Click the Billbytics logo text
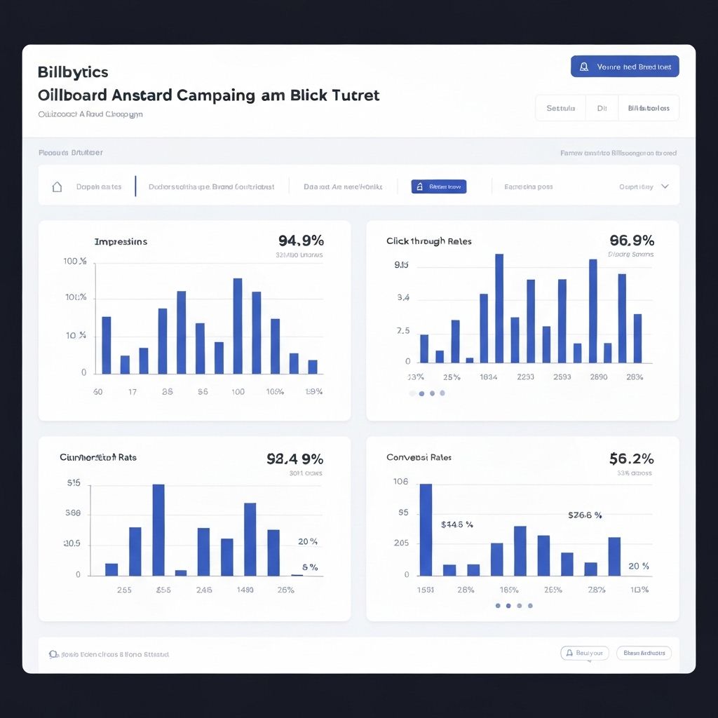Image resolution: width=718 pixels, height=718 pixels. pyautogui.click(x=73, y=72)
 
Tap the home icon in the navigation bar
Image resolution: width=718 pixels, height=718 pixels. pyautogui.click(x=57, y=187)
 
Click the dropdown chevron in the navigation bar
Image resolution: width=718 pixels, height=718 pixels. pyautogui.click(x=665, y=187)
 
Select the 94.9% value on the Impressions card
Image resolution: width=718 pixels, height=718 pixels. pyautogui.click(x=301, y=241)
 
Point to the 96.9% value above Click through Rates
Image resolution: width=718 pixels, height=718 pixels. pyautogui.click(x=632, y=241)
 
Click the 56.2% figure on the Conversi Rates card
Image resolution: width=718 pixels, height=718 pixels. pyautogui.click(x=632, y=459)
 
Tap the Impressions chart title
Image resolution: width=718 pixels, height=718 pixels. pyautogui.click(x=121, y=241)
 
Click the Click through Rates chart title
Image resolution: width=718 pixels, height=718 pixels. pyautogui.click(x=428, y=241)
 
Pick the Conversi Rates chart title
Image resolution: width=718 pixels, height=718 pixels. pyautogui.click(x=419, y=457)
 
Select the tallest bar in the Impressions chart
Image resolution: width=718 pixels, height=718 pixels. pyautogui.click(x=238, y=326)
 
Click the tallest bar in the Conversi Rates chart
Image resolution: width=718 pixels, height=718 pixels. pyautogui.click(x=426, y=529)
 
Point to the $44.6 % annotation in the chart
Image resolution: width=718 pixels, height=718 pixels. pyautogui.click(x=457, y=524)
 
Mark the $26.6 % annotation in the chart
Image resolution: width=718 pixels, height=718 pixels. pyautogui.click(x=585, y=515)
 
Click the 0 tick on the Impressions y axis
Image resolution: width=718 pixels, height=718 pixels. pyautogui.click(x=84, y=372)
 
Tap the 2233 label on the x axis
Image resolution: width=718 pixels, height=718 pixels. pyautogui.click(x=525, y=377)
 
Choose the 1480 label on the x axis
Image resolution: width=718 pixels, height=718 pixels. pyautogui.click(x=245, y=590)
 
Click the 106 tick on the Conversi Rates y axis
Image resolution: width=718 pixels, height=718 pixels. pyautogui.click(x=401, y=482)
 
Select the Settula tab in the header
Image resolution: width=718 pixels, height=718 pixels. pyautogui.click(x=560, y=108)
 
